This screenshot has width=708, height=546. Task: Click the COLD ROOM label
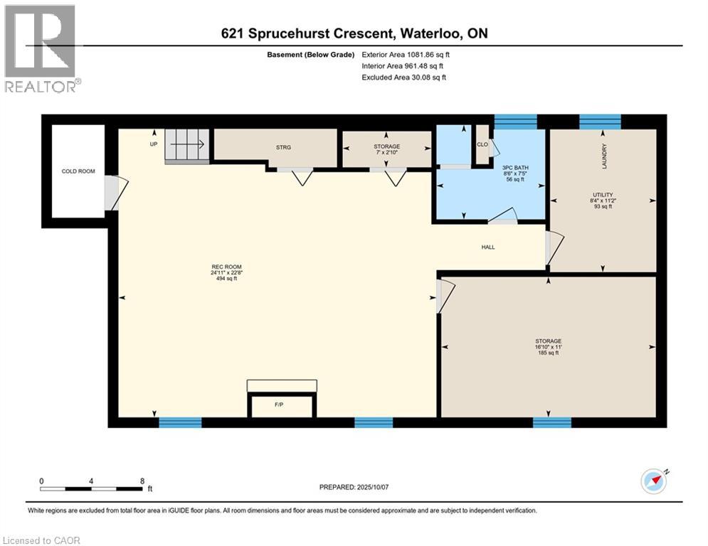(78, 171)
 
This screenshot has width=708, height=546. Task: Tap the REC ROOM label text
(221, 267)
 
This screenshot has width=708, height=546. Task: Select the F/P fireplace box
(280, 406)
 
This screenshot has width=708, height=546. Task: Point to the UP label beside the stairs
(153, 144)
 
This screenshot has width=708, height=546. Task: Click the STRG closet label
(284, 147)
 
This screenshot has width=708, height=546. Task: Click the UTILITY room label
(603, 194)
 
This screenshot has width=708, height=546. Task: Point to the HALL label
(487, 247)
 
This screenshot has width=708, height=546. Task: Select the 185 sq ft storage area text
(547, 353)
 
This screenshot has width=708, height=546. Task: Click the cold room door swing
(116, 193)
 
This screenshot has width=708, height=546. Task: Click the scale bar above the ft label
(91, 488)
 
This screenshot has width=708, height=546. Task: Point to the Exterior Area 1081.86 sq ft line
(404, 54)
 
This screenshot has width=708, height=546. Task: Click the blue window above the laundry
(600, 122)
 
